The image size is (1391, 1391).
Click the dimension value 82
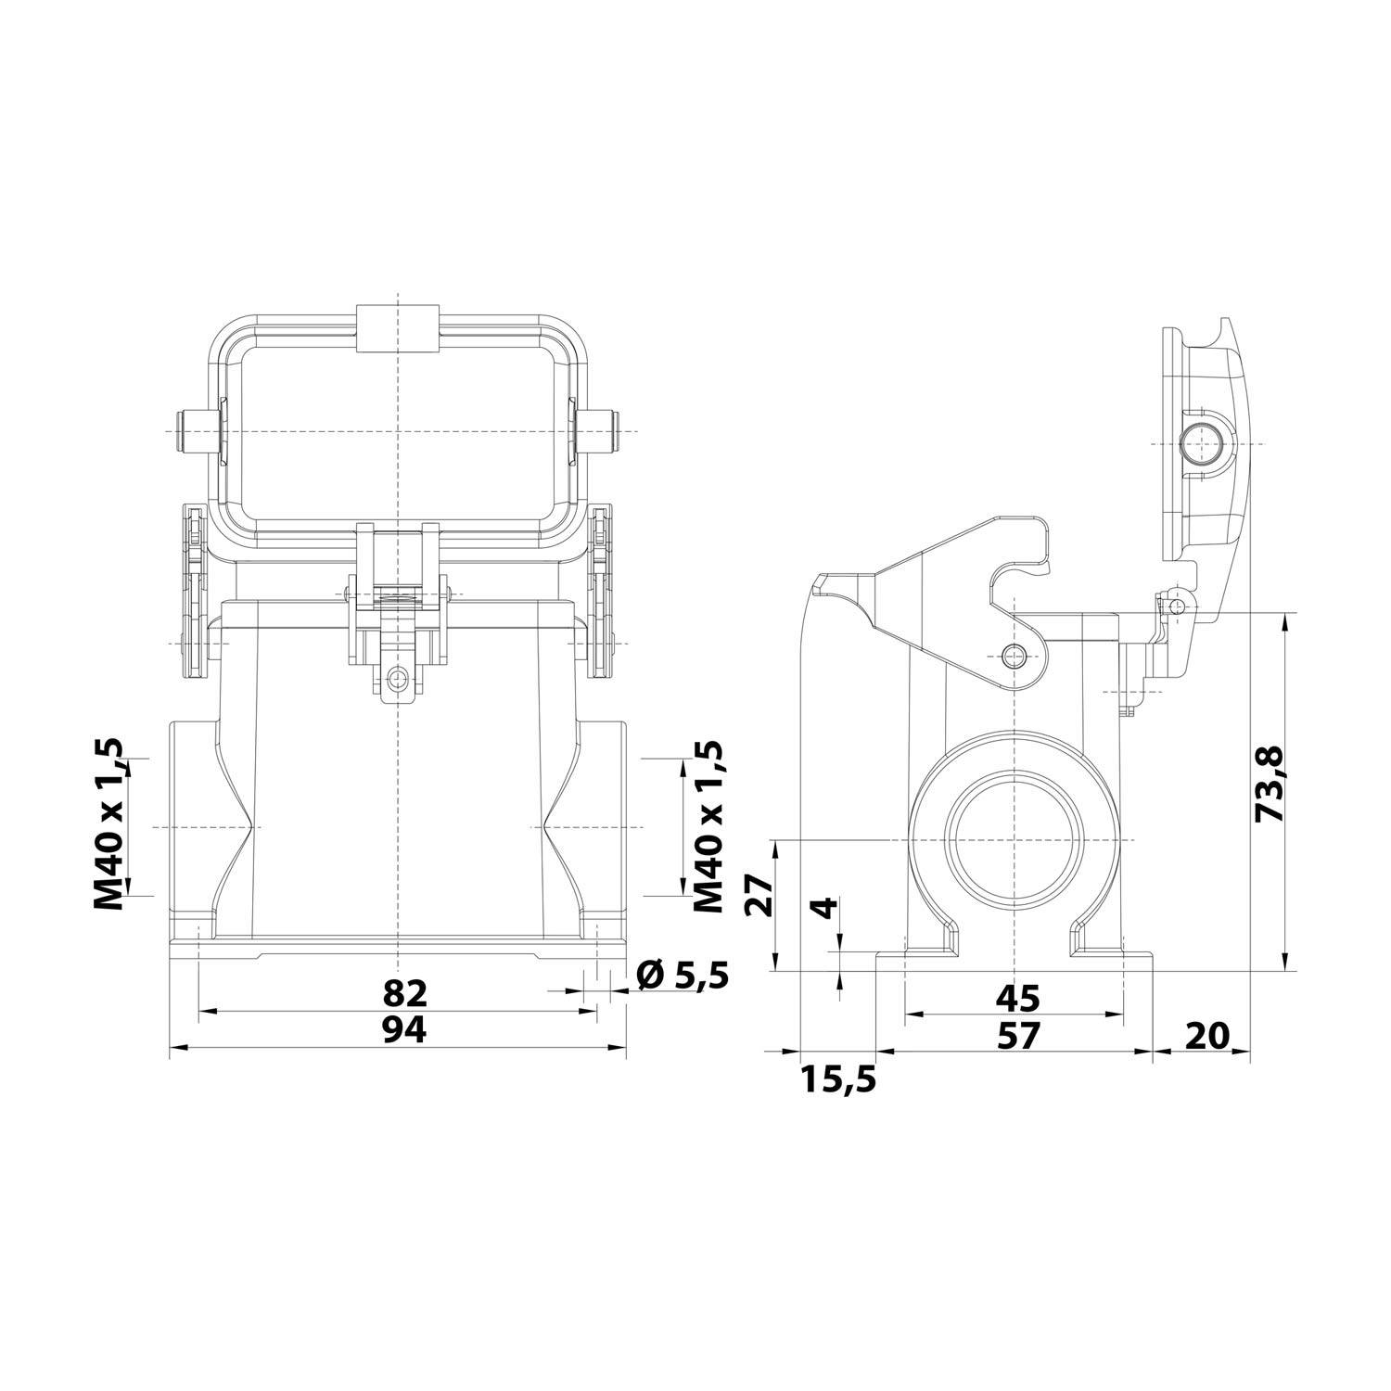[405, 994]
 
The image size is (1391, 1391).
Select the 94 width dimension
[405, 1029]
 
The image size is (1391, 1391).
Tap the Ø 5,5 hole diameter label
[683, 975]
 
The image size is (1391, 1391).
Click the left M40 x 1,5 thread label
[110, 824]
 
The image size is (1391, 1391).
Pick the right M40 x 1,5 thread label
[708, 826]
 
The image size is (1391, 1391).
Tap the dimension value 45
[1017, 999]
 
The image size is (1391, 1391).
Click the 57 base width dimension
[1017, 1034]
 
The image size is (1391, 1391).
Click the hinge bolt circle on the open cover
[1202, 445]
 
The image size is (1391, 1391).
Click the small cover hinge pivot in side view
[1176, 606]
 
